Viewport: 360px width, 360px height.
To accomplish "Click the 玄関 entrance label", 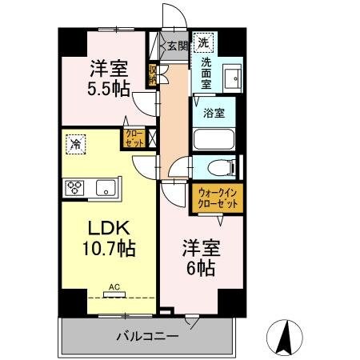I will (x=177, y=46).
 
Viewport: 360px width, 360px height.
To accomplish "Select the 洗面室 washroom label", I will (x=206, y=74).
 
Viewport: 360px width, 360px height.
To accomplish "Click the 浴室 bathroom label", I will (x=214, y=114).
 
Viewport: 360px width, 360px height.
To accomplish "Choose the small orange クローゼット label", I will (x=133, y=138).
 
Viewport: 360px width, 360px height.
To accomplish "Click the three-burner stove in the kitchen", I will (x=75, y=188).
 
